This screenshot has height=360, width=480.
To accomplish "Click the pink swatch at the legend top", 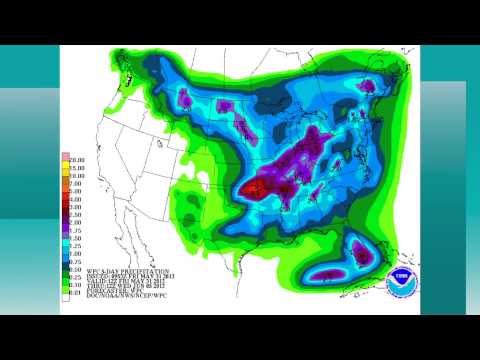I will click(x=66, y=157).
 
